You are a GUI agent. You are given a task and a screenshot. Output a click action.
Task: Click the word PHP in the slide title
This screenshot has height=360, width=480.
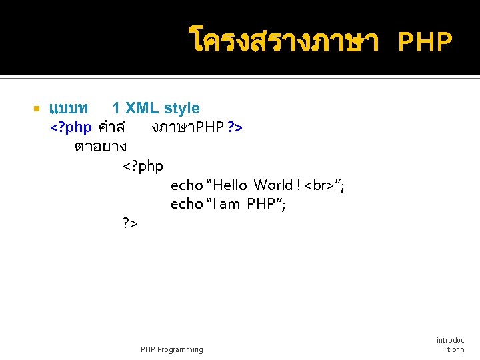[425, 43]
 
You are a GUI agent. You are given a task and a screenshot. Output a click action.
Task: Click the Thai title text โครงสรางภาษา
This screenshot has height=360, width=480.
[284, 41]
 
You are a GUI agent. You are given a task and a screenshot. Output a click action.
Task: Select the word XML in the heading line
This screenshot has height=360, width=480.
[141, 108]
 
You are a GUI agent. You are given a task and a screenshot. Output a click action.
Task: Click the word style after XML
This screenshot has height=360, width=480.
[181, 108]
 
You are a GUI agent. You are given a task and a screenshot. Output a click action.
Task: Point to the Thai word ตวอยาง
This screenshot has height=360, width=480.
[101, 145]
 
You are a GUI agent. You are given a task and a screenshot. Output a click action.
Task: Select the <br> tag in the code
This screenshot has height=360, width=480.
[319, 185]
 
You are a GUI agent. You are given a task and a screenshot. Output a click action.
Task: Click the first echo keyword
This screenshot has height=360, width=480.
[186, 185]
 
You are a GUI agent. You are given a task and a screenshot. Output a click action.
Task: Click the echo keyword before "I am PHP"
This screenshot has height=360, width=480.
[186, 204]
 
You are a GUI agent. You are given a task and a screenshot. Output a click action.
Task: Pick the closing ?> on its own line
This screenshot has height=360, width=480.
[131, 223]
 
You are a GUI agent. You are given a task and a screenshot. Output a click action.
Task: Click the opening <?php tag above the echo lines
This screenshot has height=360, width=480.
[143, 165]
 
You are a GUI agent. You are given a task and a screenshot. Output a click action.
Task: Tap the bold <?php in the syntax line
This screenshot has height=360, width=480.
[71, 127]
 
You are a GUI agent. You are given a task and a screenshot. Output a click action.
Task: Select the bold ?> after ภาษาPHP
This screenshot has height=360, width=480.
[235, 127]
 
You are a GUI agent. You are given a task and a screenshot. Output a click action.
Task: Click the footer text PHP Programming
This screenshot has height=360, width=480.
[172, 349]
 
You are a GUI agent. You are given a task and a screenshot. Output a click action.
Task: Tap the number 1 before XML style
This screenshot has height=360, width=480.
[116, 108]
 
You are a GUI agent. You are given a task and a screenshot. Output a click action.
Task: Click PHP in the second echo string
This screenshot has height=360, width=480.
[261, 204]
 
